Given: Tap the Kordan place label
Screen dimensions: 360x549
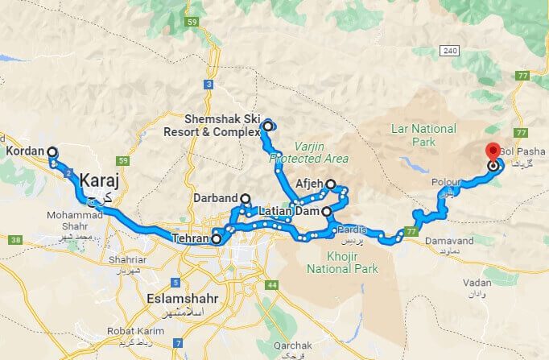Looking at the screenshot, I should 23,151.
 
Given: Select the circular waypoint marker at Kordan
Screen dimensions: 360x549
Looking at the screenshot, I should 52,151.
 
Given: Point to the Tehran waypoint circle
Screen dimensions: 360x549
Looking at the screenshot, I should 216,239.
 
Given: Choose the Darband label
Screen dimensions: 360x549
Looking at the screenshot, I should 216,198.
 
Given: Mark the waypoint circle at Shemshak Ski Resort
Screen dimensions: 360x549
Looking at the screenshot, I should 268,126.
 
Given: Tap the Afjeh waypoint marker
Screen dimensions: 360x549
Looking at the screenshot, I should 330,184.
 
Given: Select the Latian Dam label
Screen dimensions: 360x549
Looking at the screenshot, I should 289,211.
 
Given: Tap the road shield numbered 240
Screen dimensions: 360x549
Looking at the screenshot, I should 450,51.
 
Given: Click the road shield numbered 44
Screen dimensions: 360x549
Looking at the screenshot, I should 272,285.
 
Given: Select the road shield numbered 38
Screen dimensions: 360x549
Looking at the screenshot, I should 14,240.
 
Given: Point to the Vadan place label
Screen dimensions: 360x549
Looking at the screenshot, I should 477,283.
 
